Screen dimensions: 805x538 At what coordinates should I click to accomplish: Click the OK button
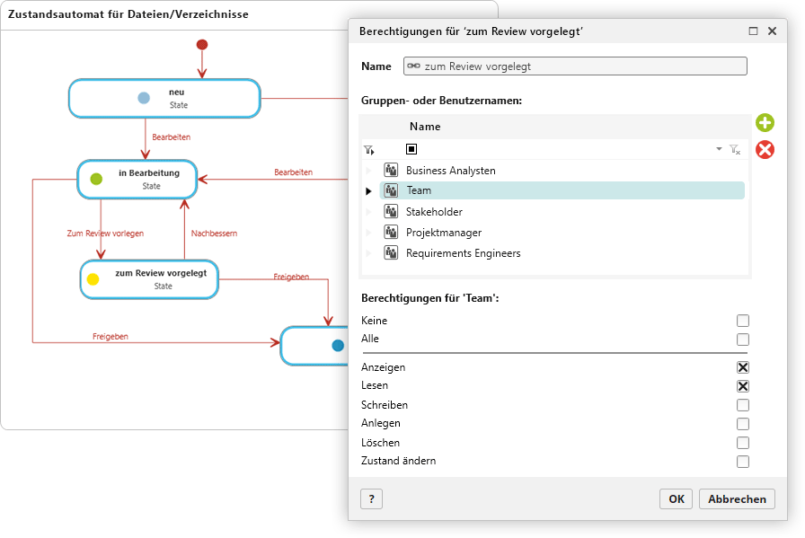(x=676, y=499)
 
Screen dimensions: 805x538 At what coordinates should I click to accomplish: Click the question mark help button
(x=372, y=499)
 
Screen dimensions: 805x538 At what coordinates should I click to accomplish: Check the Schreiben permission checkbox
(x=742, y=405)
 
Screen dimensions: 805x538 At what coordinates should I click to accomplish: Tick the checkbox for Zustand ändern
(x=742, y=461)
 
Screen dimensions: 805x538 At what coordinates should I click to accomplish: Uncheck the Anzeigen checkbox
(x=742, y=367)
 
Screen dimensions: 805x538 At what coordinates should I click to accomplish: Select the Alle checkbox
(x=742, y=340)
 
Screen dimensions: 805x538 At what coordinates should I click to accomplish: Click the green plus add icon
(x=765, y=123)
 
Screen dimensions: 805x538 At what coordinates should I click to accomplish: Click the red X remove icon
(x=765, y=150)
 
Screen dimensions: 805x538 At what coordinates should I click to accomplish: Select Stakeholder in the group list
(x=434, y=211)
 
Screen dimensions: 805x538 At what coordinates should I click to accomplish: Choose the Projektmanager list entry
(x=444, y=233)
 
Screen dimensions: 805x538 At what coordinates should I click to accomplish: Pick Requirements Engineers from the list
(x=463, y=253)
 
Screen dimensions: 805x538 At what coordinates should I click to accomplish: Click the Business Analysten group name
(x=451, y=171)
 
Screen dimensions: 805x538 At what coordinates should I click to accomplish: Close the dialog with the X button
(x=772, y=31)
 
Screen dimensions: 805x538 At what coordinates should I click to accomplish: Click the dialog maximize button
(x=753, y=31)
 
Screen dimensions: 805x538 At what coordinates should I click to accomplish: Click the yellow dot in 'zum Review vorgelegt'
(x=93, y=279)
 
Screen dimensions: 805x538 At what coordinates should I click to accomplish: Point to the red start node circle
(x=202, y=45)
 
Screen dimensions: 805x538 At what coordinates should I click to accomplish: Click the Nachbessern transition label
(x=214, y=233)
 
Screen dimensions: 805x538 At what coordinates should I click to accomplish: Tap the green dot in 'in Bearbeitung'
(x=96, y=179)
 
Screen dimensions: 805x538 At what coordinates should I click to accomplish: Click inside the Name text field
(x=575, y=66)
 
